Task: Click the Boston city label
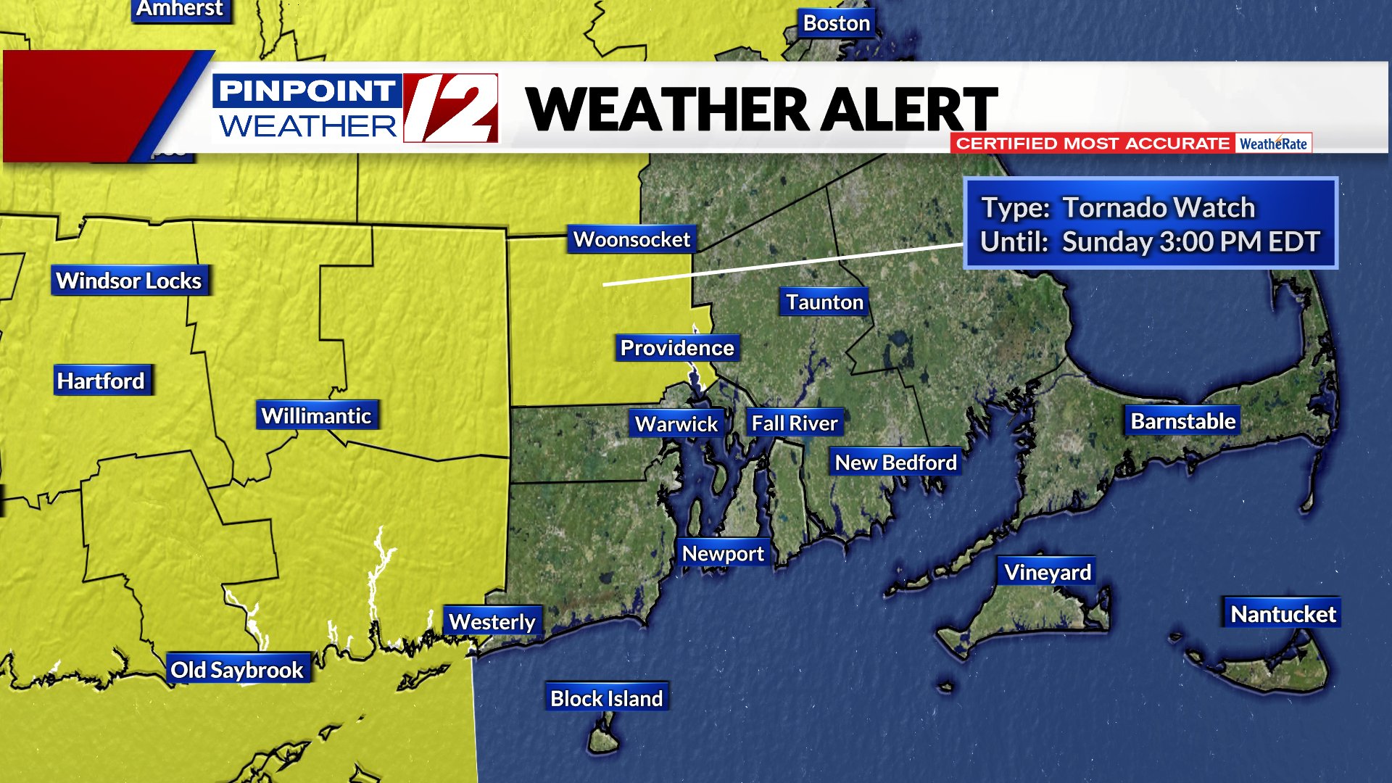pyautogui.click(x=836, y=23)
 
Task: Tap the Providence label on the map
pyautogui.click(x=677, y=348)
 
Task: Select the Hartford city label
pyautogui.click(x=101, y=381)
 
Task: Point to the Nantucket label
pyautogui.click(x=1283, y=614)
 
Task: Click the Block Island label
pyautogui.click(x=606, y=698)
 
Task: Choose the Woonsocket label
pyautogui.click(x=631, y=239)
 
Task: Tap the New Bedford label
pyautogui.click(x=895, y=463)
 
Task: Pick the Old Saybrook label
pyautogui.click(x=237, y=670)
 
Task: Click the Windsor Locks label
pyautogui.click(x=129, y=281)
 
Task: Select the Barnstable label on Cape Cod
pyautogui.click(x=1182, y=421)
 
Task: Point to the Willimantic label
pyautogui.click(x=316, y=415)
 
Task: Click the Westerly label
pyautogui.click(x=492, y=621)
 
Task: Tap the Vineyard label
pyautogui.click(x=1047, y=573)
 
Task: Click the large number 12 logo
pyautogui.click(x=451, y=108)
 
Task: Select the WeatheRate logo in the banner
pyautogui.click(x=1273, y=144)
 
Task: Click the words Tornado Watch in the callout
pyautogui.click(x=1159, y=208)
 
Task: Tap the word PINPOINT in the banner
pyautogui.click(x=307, y=91)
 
